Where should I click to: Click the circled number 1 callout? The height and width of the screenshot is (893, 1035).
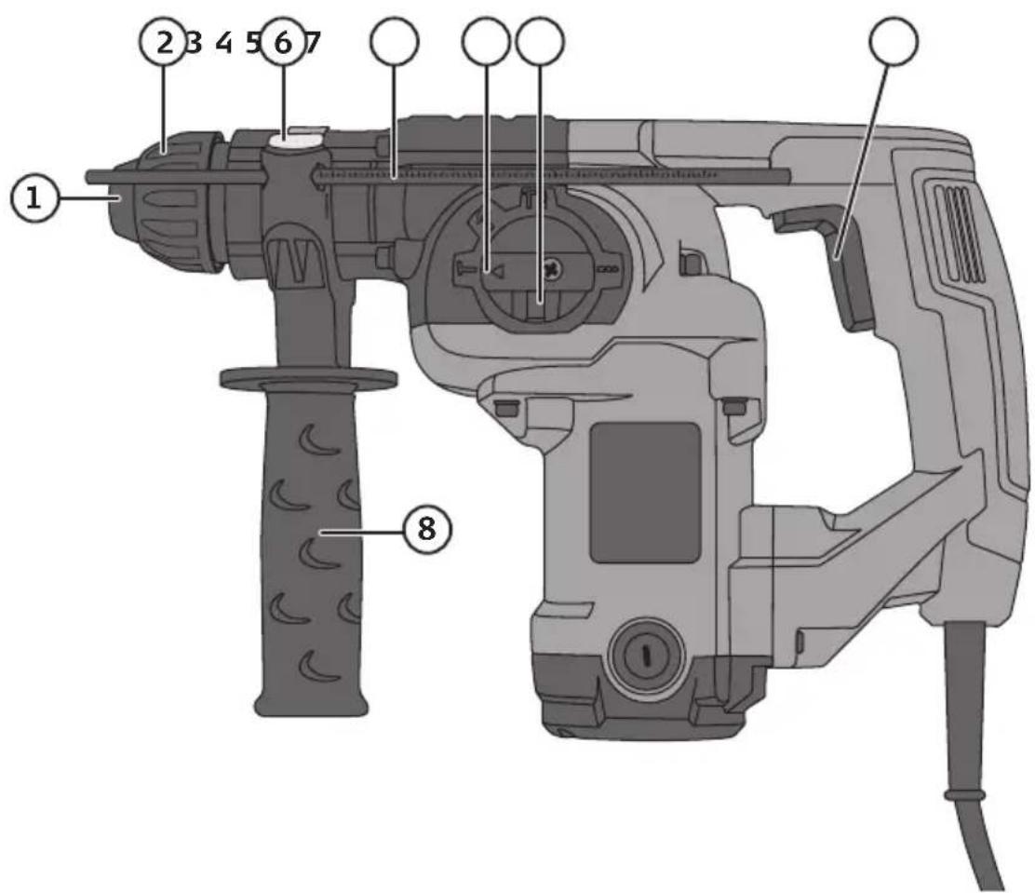(x=34, y=198)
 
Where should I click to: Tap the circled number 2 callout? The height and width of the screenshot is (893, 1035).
(x=163, y=42)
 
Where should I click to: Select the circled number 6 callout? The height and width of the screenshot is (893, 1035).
(x=283, y=42)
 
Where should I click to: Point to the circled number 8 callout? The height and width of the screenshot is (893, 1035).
(x=428, y=529)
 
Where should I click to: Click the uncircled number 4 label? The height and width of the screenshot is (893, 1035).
(x=224, y=43)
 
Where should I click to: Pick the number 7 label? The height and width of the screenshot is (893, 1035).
(x=313, y=43)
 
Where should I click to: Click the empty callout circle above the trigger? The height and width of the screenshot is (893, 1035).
(x=894, y=42)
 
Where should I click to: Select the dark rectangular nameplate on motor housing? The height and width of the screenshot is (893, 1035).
(x=645, y=493)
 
